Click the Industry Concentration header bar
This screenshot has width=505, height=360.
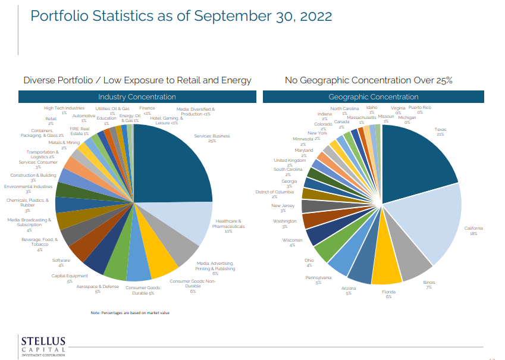pos(137,97)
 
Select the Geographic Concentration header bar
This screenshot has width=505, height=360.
pos(373,97)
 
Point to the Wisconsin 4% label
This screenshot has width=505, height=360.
pos(292,242)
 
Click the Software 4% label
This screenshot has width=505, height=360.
pos(61,262)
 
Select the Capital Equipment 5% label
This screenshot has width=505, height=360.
pos(70,278)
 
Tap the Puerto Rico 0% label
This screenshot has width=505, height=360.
pos(419,109)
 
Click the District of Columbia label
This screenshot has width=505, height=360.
pos(274,194)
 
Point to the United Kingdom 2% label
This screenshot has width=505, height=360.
pos(290,162)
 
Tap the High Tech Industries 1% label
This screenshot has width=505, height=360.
pos(64,110)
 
